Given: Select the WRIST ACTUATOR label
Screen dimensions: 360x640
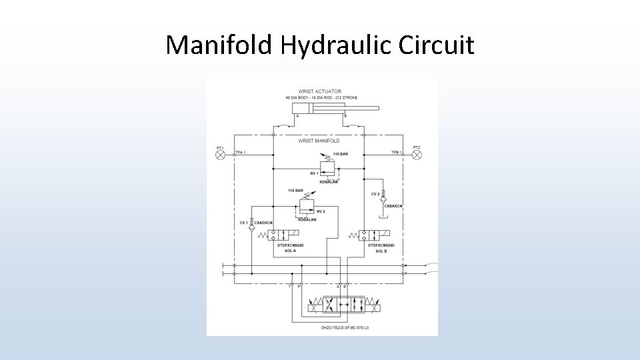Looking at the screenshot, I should point(320,91).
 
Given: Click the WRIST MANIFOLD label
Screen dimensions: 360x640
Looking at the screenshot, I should point(319,141).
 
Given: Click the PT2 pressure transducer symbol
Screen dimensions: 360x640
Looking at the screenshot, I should point(417,155).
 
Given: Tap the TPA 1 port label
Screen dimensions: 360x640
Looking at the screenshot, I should point(241,153).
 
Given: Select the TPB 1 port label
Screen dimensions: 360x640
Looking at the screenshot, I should point(396,153).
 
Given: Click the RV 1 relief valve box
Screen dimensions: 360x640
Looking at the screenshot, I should point(327,168).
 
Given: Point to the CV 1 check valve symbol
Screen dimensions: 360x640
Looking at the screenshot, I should point(252,227).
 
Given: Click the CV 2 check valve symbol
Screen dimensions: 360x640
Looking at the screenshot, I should point(384,199).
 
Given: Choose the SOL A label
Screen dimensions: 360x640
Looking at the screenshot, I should point(290,251).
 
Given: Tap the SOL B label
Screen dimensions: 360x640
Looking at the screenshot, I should point(381,251).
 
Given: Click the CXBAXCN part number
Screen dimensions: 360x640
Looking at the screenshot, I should point(393,206).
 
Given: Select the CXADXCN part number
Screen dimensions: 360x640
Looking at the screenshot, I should point(265,223).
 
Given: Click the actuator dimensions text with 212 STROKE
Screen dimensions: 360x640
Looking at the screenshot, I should point(321,98).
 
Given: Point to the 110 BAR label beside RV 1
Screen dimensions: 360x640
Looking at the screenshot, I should point(340,154).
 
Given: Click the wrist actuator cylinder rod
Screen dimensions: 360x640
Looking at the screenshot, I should point(363,108).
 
